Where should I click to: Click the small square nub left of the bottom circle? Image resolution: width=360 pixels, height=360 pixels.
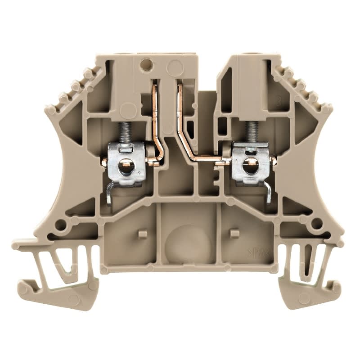(142, 234)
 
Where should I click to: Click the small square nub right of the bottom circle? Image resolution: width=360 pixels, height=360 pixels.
(234, 233)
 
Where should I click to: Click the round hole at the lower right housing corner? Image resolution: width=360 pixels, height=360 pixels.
(316, 223)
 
